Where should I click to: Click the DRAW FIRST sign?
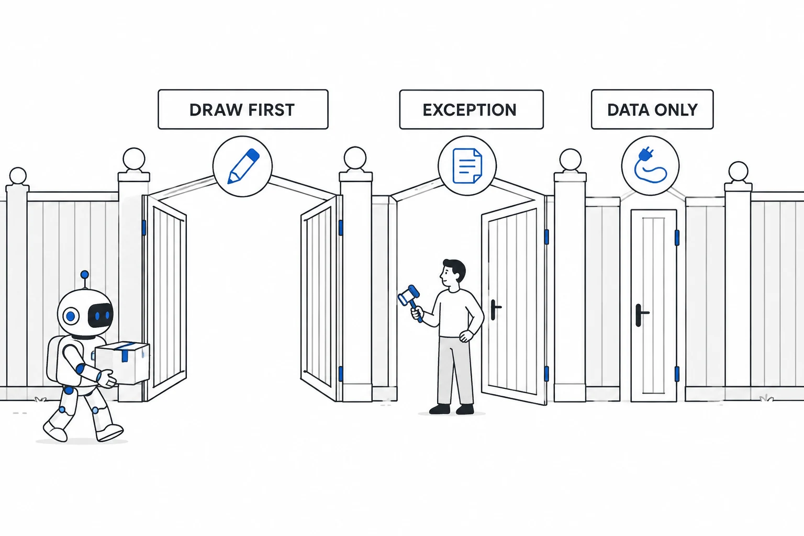(x=243, y=109)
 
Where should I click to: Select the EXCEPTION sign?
(x=471, y=109)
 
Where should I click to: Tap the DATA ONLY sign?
(x=652, y=109)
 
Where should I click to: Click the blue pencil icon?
(x=243, y=166)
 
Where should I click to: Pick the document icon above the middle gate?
(x=467, y=166)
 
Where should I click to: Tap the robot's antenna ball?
(x=85, y=275)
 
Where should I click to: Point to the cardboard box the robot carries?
(x=122, y=363)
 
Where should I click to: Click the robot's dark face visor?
(x=101, y=315)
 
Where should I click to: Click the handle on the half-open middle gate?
(x=495, y=309)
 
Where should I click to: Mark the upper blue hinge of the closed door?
(x=677, y=238)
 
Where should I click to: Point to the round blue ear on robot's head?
(x=71, y=316)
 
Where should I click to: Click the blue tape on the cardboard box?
(x=125, y=352)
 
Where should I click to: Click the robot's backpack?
(x=54, y=359)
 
